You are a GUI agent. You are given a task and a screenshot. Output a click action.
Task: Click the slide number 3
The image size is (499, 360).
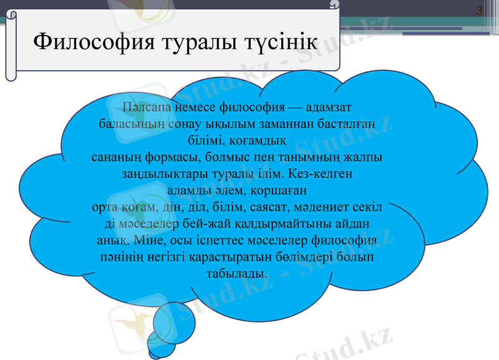click(x=479, y=11)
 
